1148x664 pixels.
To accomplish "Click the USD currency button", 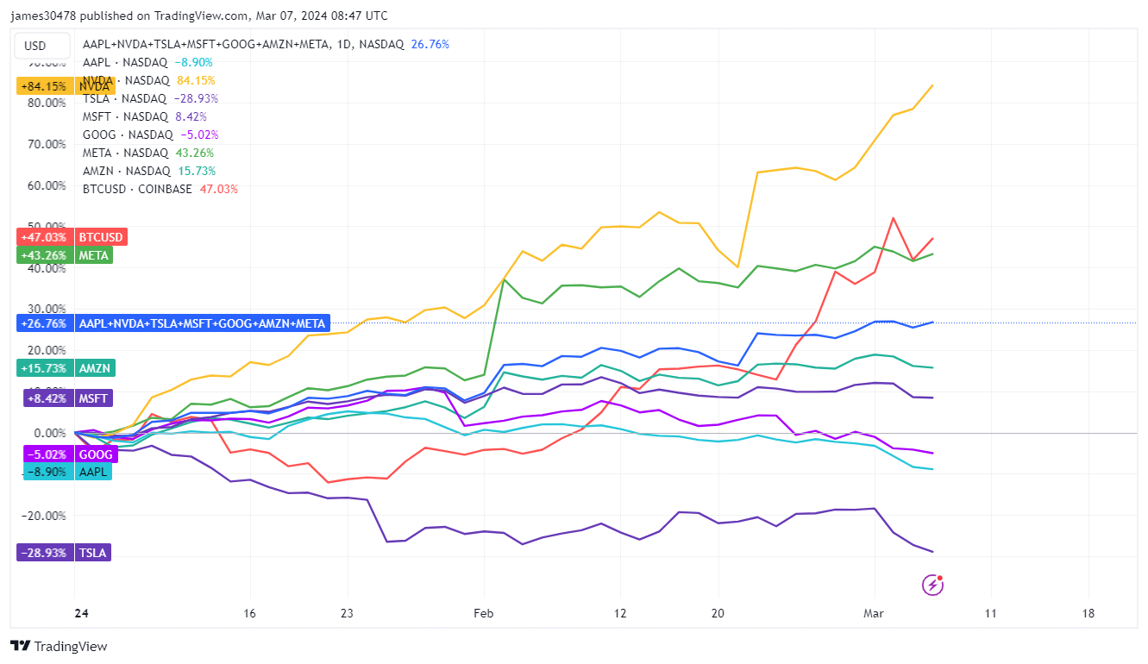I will pos(35,46).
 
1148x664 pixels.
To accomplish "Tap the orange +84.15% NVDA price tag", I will pos(65,86).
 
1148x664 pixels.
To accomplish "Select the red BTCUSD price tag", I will pos(71,237).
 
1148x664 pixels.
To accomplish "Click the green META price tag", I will pos(64,255).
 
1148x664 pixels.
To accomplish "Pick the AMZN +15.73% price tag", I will pos(65,368).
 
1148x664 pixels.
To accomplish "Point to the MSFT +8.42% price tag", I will pos(64,398).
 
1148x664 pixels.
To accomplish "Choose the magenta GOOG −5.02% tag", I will pos(64,454).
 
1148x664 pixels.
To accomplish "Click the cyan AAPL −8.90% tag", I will pos(64,472).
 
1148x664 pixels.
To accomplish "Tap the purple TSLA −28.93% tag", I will pos(64,553).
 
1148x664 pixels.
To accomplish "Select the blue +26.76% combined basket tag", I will pos(173,323).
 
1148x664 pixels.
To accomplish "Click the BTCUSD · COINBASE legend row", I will pos(160,189).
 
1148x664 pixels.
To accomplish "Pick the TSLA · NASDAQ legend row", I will pos(150,98).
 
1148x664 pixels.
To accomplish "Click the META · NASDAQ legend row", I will pos(148,153).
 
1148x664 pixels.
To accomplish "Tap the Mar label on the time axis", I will pos(875,614).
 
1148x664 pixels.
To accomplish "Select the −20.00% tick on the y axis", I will pos(47,516).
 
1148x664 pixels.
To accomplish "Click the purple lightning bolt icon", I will pos(933,586).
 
